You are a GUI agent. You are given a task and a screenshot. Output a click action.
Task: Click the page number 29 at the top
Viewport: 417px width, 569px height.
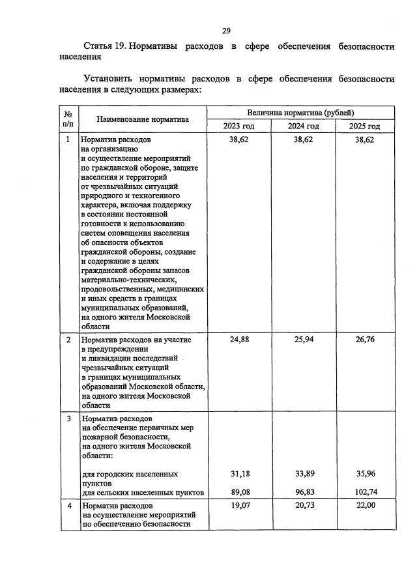[226, 30]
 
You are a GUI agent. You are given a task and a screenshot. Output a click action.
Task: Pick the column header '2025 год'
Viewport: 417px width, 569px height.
[364, 126]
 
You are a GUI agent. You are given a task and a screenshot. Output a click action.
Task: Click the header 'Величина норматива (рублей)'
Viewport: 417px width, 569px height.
[300, 112]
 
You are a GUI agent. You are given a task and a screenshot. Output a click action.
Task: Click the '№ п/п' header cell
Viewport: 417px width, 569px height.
[68, 119]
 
